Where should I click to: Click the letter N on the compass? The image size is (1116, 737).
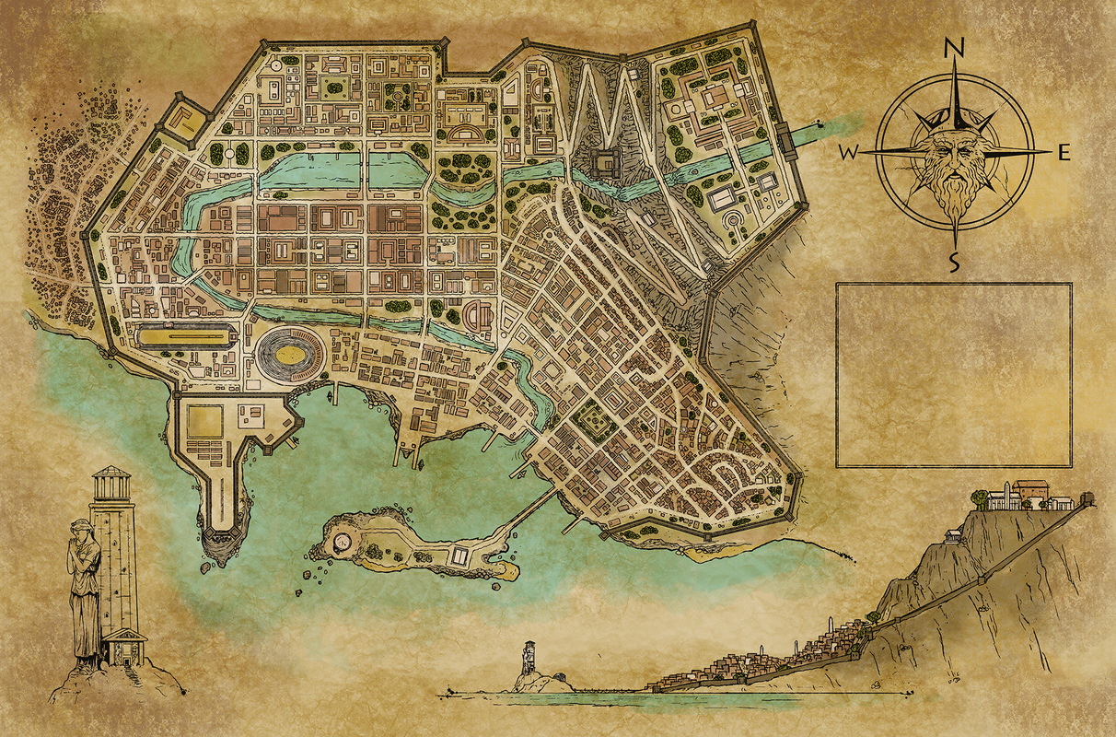pos(956,49)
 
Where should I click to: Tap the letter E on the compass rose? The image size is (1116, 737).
pos(1063,153)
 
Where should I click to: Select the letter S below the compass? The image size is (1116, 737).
pos(955,262)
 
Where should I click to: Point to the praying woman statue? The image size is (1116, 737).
pos(85,590)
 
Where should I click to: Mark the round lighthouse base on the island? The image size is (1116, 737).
pos(343,543)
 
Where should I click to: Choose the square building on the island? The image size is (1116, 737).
pos(457,556)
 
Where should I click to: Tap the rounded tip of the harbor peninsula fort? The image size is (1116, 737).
pos(221,539)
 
